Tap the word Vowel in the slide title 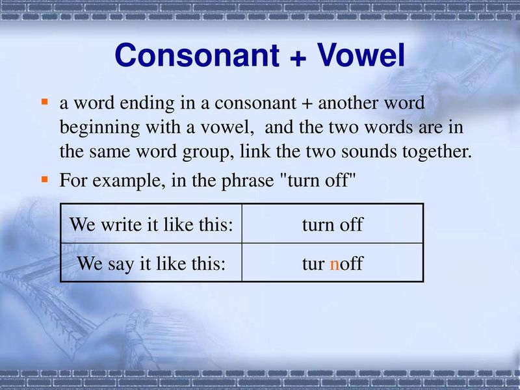point(360,57)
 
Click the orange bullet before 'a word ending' point(45,102)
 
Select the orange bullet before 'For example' point(45,179)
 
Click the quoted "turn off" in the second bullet point(318,180)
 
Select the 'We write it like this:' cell point(151,225)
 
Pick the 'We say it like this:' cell point(151,263)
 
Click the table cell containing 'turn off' point(332,225)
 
